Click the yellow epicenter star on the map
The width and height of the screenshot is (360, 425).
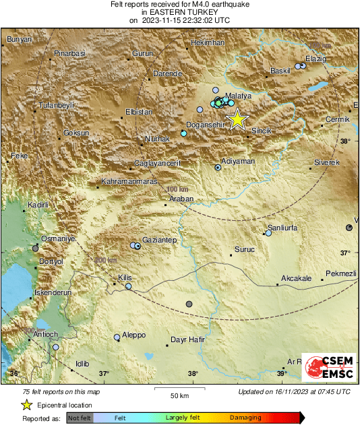[237, 119]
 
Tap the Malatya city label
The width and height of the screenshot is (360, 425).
[238, 96]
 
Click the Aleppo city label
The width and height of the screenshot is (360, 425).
[133, 335]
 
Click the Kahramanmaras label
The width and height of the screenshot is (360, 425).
[129, 182]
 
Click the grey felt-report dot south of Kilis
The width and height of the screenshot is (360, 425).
[189, 304]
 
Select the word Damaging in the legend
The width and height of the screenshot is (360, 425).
[245, 418]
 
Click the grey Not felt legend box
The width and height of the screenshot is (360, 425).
[80, 418]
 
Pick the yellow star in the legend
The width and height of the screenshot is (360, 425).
[26, 405]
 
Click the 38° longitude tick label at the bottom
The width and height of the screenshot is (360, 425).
[193, 374]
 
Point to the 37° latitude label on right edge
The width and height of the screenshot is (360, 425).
[345, 253]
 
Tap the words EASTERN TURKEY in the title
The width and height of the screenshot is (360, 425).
[179, 12]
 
